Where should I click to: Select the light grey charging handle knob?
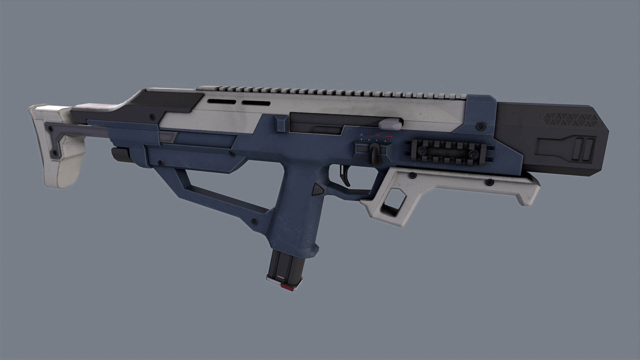(390, 124)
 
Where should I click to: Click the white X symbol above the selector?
(362, 135)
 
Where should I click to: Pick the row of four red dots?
(389, 137)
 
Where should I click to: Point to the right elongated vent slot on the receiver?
(255, 103)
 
